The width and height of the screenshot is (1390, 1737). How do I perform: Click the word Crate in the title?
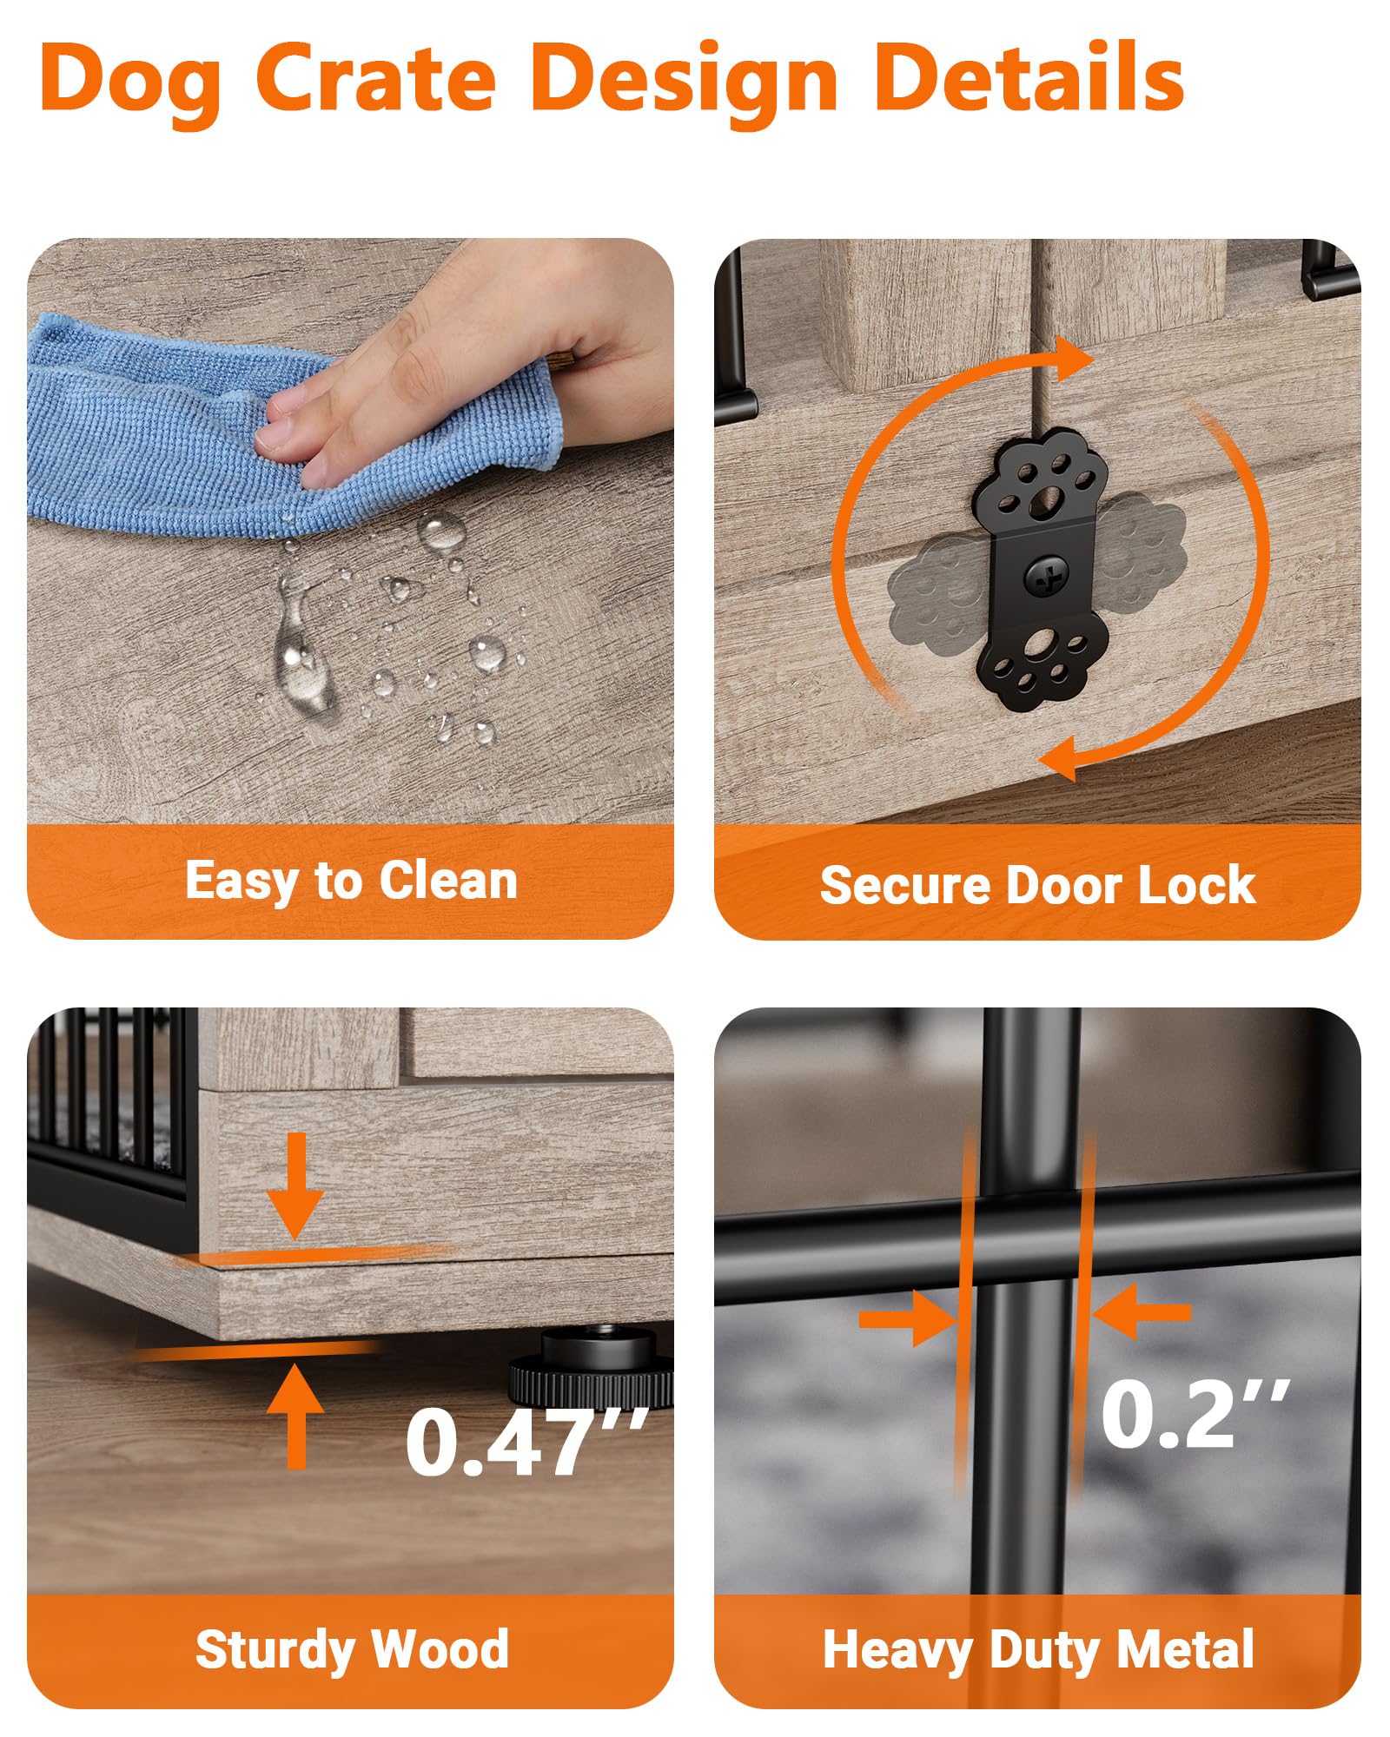[376, 78]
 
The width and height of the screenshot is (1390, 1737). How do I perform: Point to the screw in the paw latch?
[1043, 577]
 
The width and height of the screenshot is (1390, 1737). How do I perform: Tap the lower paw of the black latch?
[1041, 664]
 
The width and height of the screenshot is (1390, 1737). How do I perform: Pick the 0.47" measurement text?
[526, 1443]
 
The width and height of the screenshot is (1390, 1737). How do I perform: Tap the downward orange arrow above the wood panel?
[295, 1185]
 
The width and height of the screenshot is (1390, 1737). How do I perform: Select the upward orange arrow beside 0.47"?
[296, 1417]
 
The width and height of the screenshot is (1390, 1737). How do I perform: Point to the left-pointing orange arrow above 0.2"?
[1141, 1311]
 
